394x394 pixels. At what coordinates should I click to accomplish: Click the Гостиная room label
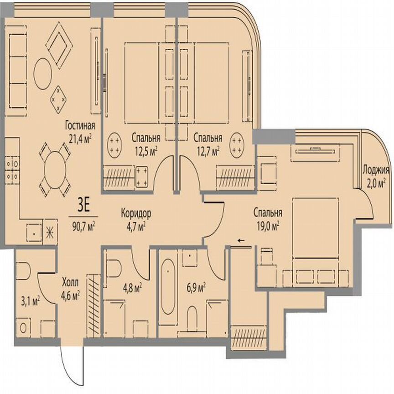(79, 126)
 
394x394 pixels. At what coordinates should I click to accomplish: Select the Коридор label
(136, 213)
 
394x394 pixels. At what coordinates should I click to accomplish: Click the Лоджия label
(376, 171)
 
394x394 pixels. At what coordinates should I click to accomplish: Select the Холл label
(70, 281)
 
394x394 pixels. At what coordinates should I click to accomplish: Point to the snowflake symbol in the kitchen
(50, 231)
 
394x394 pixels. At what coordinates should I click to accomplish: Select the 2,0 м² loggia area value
(376, 182)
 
